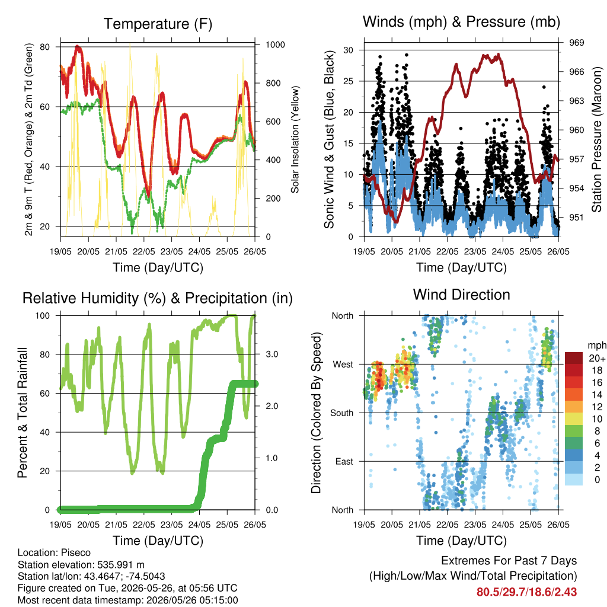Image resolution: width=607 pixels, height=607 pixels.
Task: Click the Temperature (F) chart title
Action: (158, 24)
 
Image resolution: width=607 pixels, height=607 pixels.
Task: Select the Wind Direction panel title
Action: (461, 295)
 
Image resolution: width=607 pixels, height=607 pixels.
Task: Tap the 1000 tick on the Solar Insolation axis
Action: (275, 44)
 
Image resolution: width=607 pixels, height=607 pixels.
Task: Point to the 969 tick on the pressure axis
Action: (576, 43)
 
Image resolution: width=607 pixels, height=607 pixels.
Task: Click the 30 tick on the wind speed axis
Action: (348, 50)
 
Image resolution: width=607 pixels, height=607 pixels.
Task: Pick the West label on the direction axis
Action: (343, 365)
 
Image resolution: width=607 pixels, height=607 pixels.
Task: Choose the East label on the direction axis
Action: (344, 461)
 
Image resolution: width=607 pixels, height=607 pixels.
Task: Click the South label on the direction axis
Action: (342, 413)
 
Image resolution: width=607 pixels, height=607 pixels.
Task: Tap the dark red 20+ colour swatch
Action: (574, 358)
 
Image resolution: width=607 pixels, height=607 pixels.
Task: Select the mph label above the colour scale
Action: (597, 346)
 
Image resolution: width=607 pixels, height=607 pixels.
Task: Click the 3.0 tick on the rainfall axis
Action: (272, 354)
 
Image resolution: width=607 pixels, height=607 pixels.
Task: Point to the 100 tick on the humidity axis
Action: (43, 316)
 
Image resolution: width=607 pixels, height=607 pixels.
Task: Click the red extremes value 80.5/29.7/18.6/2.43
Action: (526, 592)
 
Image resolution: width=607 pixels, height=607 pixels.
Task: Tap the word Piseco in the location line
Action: (76, 552)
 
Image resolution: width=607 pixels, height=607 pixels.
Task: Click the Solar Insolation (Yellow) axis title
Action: (295, 139)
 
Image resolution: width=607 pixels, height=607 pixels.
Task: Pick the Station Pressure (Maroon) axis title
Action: (596, 139)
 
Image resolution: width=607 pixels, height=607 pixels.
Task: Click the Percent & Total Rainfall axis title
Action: (23, 413)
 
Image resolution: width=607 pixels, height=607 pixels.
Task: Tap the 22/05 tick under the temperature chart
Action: (143, 251)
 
